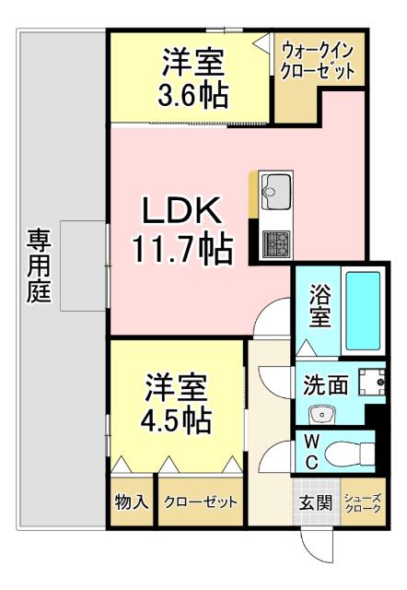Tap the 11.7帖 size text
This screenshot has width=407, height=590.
(x=180, y=246)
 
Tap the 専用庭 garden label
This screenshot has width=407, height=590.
(x=38, y=268)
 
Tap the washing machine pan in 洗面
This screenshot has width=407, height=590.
(x=372, y=383)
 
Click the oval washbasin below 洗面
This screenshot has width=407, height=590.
(x=321, y=412)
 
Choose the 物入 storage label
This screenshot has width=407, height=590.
(x=132, y=502)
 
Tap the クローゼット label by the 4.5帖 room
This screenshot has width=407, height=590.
(x=200, y=502)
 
